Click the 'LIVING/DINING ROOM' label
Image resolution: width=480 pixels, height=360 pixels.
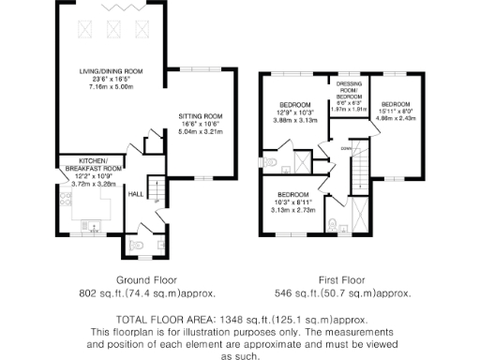point(110,71)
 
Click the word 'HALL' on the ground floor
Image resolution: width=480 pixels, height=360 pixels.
point(135,193)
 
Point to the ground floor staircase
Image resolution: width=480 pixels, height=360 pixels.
point(160,195)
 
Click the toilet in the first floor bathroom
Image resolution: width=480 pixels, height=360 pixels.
point(335,223)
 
